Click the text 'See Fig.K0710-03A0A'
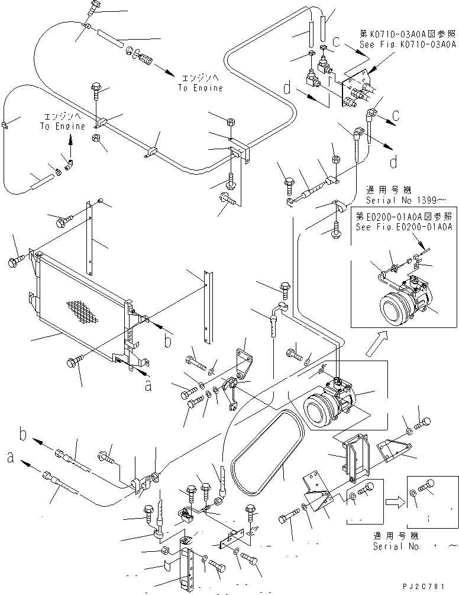(x=408, y=44)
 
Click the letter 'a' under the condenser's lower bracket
(x=148, y=385)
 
